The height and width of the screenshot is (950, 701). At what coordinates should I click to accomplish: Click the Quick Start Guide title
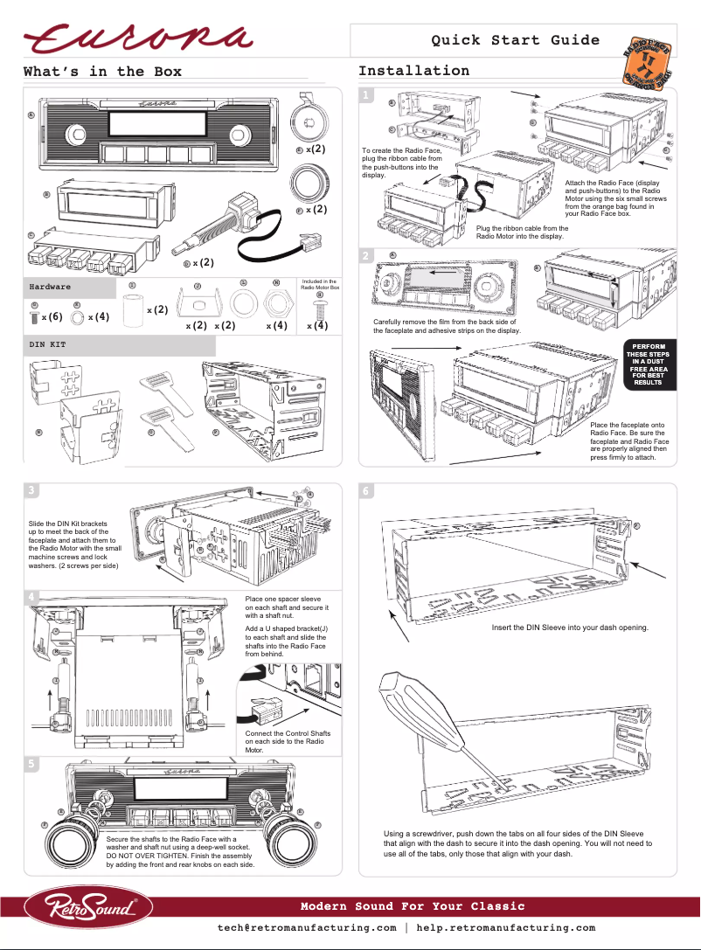click(515, 40)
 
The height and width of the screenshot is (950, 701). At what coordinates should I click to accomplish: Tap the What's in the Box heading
click(102, 72)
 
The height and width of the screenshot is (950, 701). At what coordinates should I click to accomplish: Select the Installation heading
click(413, 71)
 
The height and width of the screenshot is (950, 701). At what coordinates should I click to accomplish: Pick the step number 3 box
click(31, 489)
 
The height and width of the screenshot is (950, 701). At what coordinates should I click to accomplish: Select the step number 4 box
click(31, 597)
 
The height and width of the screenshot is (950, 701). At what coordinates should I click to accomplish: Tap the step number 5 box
click(31, 763)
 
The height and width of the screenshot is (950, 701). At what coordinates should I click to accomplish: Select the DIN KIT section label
click(47, 345)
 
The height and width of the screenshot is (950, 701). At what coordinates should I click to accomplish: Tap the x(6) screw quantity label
click(52, 316)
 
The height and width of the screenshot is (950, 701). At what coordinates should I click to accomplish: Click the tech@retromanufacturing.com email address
click(307, 928)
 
